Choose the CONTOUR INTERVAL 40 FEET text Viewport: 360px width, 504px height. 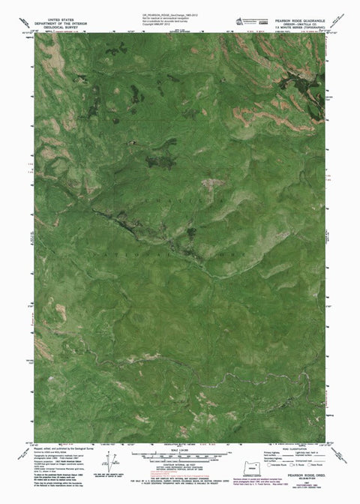coord(180,464)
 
